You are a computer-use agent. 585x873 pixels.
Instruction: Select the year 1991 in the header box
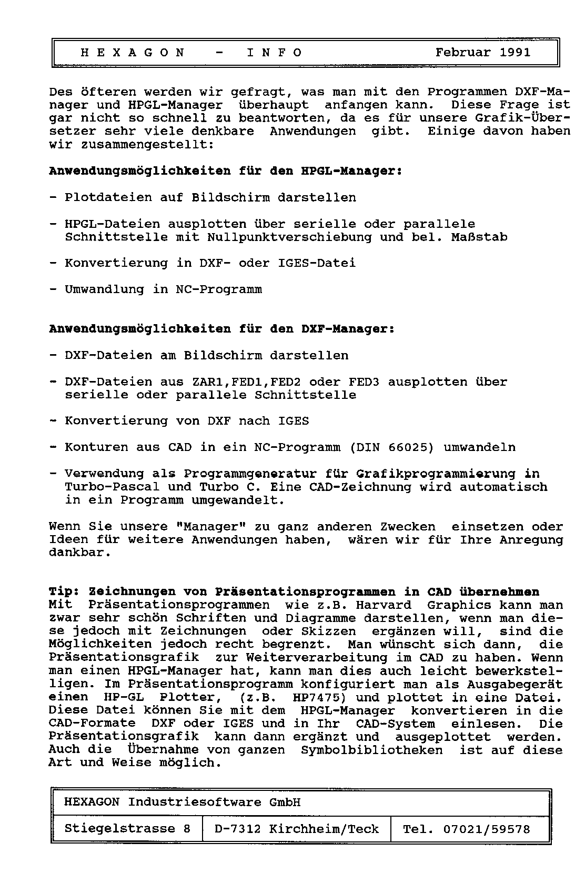[515, 53]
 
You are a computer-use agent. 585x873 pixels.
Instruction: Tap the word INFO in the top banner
[275, 53]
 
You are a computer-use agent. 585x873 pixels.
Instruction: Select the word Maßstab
[479, 237]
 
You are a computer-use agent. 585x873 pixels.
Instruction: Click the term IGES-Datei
[317, 263]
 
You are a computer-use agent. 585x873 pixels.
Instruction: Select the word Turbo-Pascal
[113, 487]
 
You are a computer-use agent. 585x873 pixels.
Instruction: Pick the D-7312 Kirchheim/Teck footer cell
[297, 829]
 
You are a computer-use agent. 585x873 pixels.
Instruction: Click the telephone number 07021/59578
[487, 829]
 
